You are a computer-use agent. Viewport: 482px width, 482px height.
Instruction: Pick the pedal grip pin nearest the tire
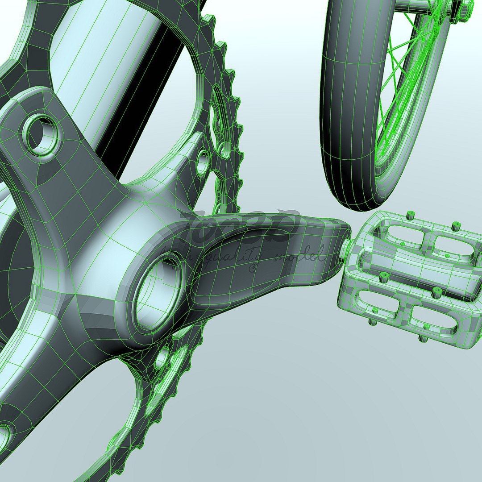click(x=409, y=216)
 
